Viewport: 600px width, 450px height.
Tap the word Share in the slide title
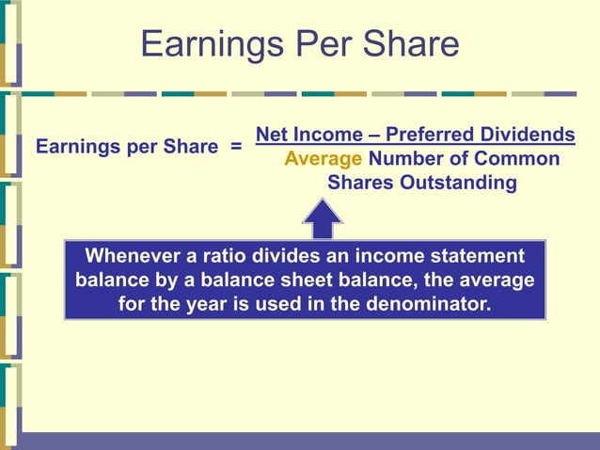(414, 44)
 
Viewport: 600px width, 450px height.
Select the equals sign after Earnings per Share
(236, 148)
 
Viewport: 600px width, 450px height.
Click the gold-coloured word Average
(323, 159)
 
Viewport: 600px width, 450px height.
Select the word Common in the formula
(516, 159)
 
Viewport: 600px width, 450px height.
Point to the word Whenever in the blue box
(132, 256)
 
